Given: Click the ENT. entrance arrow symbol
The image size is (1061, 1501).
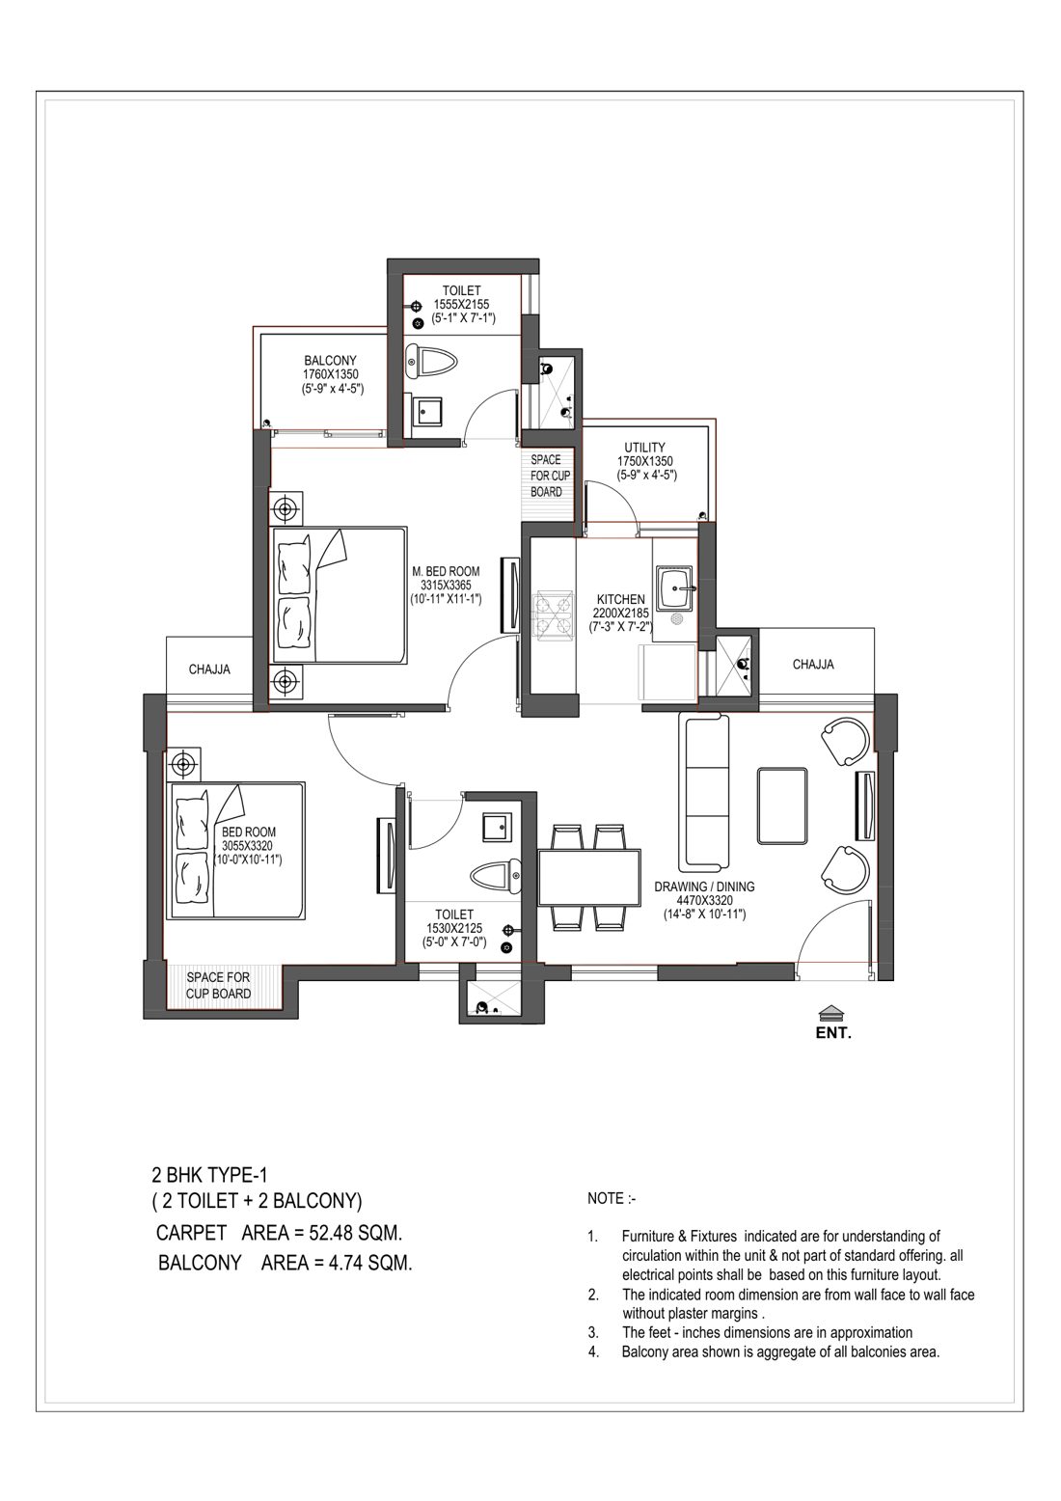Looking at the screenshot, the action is (832, 1012).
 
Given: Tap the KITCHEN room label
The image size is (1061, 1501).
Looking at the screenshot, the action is (622, 599).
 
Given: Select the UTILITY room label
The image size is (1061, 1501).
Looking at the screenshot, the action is (644, 447).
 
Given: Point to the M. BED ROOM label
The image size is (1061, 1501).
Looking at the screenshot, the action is (446, 572).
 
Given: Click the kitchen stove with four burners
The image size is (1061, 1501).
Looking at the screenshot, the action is (553, 614).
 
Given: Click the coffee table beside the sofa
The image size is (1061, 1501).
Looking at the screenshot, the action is (781, 805).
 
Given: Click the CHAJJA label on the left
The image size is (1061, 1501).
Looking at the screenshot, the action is (209, 669).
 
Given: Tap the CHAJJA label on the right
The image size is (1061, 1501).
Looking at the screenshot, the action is (813, 664).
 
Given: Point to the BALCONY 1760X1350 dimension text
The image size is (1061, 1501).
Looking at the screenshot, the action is (330, 374).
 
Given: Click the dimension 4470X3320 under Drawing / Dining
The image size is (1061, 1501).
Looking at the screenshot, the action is (704, 900).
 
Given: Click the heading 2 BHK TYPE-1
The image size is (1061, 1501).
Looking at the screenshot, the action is (209, 1175).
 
